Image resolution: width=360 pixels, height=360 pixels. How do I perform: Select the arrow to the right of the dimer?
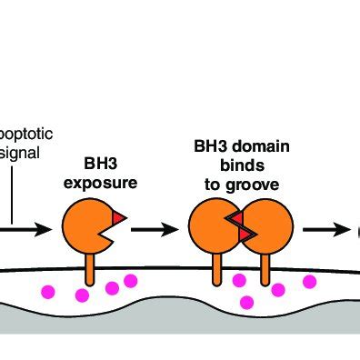click(324, 229)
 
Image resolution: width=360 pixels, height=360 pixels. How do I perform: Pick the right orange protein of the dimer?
click(269, 228)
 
